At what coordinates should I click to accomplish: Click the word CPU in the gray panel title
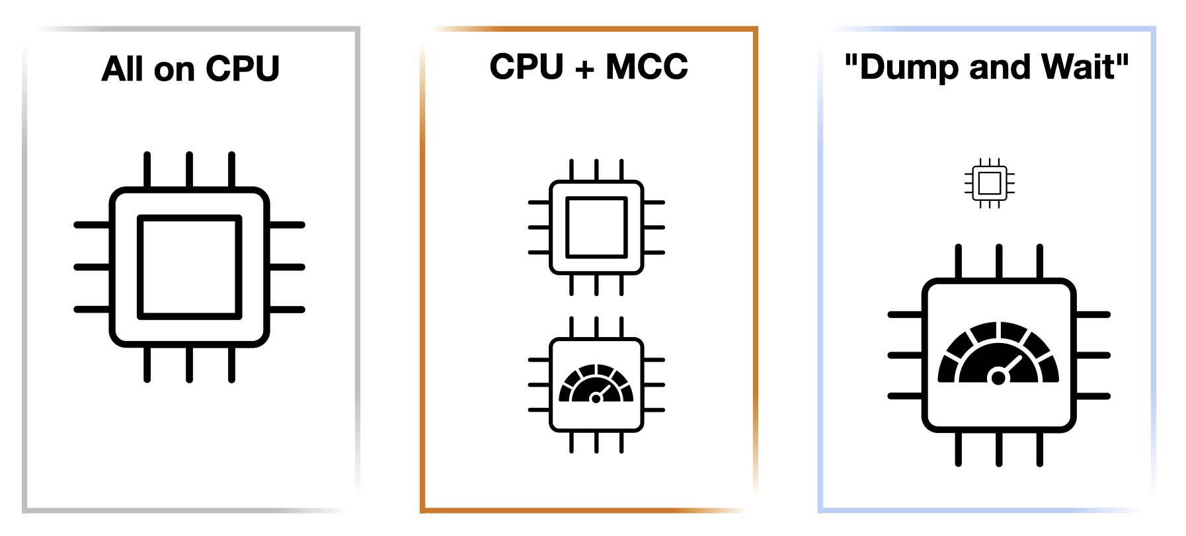click(243, 69)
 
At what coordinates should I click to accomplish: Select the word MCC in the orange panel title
click(647, 67)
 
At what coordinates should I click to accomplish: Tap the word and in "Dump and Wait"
click(1001, 67)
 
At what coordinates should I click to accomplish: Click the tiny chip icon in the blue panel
click(989, 183)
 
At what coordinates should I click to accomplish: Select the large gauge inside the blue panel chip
click(998, 354)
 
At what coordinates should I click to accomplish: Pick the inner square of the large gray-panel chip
click(189, 267)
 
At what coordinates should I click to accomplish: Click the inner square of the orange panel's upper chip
click(596, 227)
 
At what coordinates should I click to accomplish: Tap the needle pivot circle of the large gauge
click(998, 377)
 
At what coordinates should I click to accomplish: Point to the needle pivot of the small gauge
click(596, 398)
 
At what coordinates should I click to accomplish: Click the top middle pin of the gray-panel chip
click(189, 169)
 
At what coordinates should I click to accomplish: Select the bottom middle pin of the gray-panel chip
click(189, 364)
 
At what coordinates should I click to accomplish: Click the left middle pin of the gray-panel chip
click(92, 267)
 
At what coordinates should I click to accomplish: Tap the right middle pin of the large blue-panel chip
click(1092, 356)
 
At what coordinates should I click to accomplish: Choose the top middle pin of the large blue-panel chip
click(998, 262)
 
